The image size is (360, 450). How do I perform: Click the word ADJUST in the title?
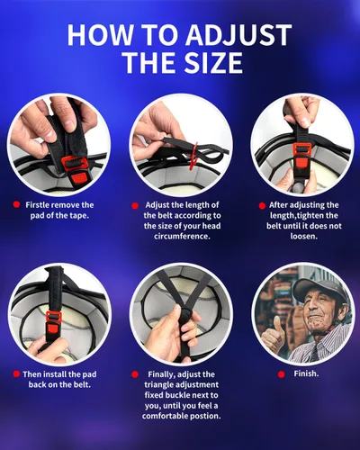tap(238, 34)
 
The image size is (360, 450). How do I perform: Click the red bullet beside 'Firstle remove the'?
tap(16, 204)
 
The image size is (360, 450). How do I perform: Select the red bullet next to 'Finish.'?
tap(281, 374)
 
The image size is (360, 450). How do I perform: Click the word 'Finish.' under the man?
tap(306, 373)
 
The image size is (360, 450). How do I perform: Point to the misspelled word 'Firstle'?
tap(37, 205)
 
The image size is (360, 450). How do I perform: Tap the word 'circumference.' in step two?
tap(182, 236)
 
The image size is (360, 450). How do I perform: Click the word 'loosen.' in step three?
tap(303, 236)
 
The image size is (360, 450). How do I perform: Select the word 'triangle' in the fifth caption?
tap(158, 384)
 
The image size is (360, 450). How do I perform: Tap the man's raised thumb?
tap(277, 321)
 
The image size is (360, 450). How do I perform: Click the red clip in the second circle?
tap(194, 154)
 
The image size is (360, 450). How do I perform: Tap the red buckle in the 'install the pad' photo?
tap(54, 321)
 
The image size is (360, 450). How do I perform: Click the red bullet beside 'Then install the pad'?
tap(16, 373)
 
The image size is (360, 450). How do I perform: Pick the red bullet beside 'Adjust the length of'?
tap(135, 206)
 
